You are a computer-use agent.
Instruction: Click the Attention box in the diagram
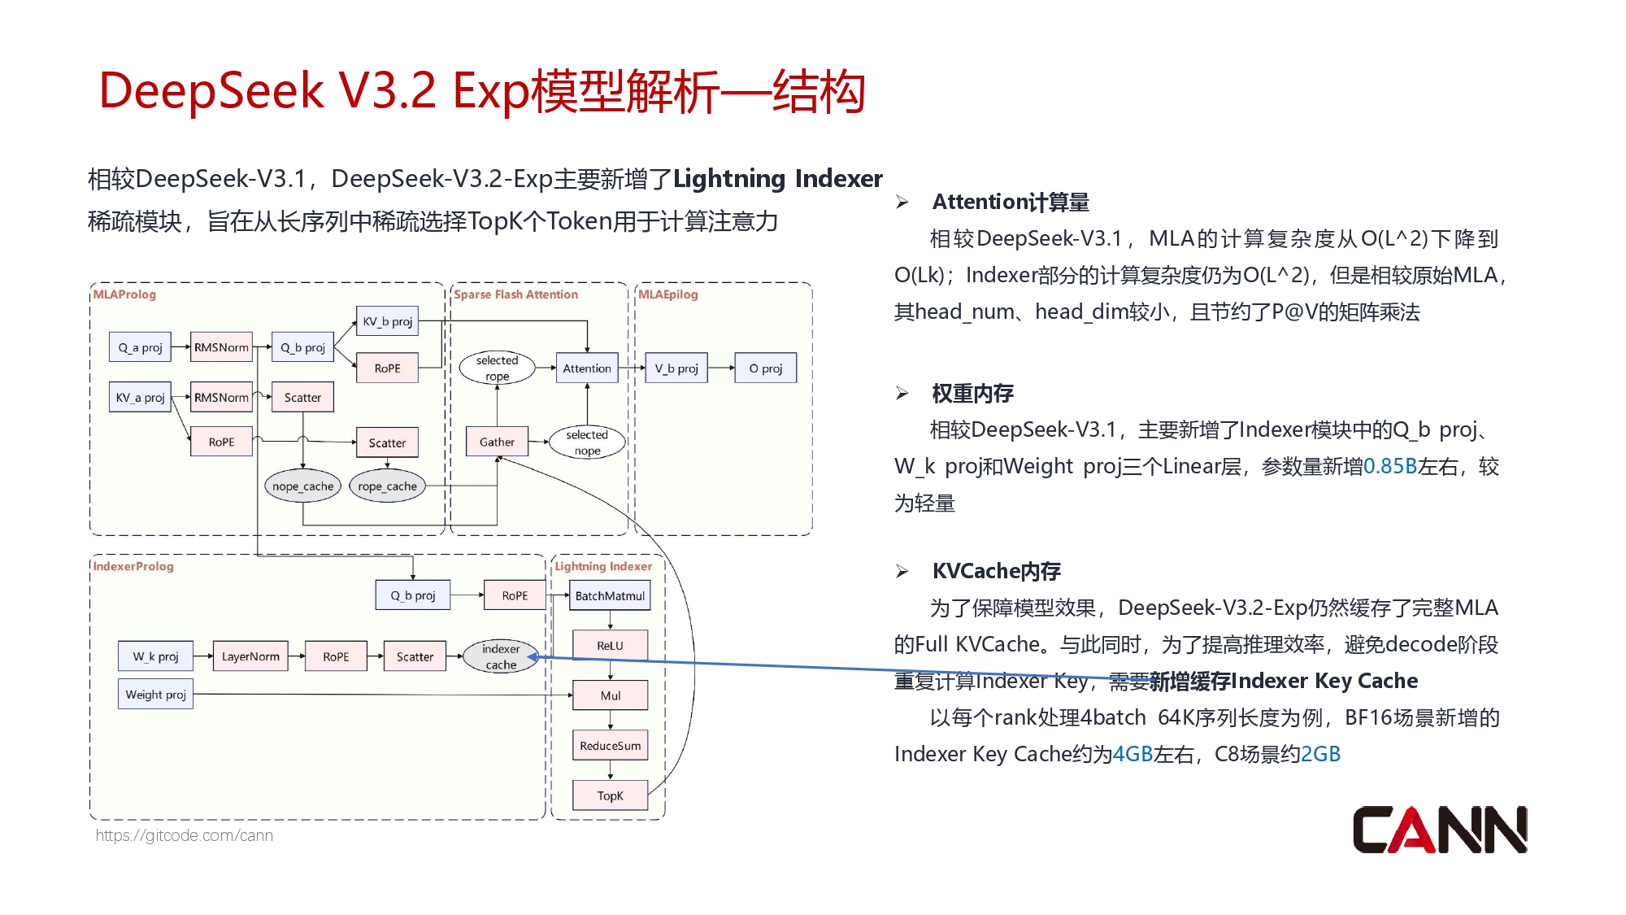(586, 368)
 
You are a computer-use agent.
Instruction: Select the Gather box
(497, 442)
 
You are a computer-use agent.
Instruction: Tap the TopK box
(610, 795)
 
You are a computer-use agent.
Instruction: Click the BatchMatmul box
(610, 595)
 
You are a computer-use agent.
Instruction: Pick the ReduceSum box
(610, 745)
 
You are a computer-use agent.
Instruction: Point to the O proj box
(765, 368)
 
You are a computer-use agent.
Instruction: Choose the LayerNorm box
(250, 656)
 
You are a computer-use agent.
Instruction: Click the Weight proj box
(155, 695)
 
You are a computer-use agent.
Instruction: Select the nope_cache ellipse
(302, 486)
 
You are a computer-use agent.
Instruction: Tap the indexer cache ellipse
(501, 656)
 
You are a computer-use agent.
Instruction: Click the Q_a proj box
(140, 347)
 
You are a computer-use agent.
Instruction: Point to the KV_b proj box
(387, 321)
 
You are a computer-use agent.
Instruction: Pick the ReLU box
(610, 645)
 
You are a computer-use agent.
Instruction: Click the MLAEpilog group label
(667, 294)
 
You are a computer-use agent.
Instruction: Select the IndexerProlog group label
(133, 566)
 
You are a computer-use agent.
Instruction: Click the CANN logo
(1439, 830)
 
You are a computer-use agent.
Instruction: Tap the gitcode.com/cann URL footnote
(185, 835)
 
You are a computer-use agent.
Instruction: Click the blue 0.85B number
(1389, 466)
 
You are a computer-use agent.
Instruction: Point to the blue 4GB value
(1132, 754)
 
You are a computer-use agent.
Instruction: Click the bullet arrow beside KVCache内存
(902, 571)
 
